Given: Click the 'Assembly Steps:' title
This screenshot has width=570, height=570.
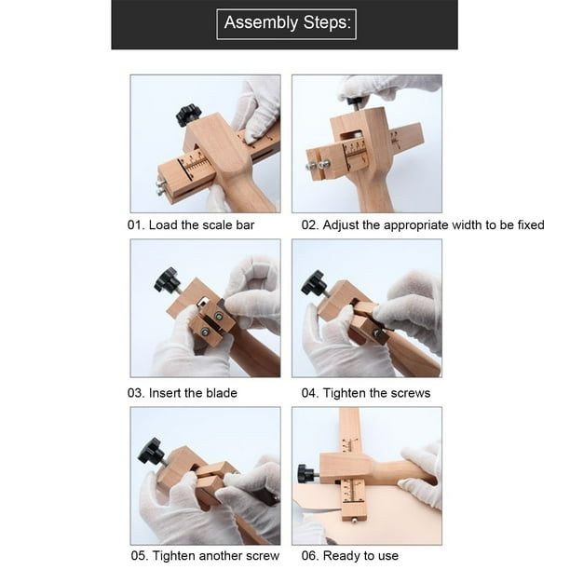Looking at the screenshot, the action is click(288, 22).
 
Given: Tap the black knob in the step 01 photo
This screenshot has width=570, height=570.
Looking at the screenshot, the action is click(188, 115).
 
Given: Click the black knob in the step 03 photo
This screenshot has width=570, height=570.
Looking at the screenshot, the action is click(166, 279).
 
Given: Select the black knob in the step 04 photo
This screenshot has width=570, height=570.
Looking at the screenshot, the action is click(313, 282).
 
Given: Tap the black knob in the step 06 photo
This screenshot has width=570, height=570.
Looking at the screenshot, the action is click(306, 473).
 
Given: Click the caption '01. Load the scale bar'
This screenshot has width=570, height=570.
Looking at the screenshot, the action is click(191, 225).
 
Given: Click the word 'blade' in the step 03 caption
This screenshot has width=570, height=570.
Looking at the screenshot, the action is click(222, 393).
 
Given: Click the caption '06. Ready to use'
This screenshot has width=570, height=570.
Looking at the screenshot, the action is click(349, 556).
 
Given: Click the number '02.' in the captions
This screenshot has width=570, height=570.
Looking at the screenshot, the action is click(310, 225).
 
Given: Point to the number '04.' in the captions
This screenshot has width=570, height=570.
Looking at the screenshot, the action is click(310, 393).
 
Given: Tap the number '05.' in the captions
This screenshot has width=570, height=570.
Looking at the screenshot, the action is click(140, 556).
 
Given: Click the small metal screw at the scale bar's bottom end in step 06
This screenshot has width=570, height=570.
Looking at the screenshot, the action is click(354, 522).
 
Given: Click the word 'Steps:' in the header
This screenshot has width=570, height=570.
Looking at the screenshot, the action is click(327, 23).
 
